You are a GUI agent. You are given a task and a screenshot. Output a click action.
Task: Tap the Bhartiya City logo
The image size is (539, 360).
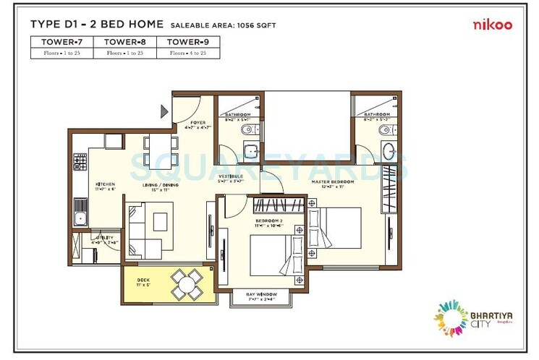464,317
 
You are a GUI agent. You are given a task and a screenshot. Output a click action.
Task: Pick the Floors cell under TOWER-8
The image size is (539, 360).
125,53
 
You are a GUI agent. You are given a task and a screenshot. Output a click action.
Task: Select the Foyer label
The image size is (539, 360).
199,123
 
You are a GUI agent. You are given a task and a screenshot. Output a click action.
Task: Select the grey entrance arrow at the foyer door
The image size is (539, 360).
164,111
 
